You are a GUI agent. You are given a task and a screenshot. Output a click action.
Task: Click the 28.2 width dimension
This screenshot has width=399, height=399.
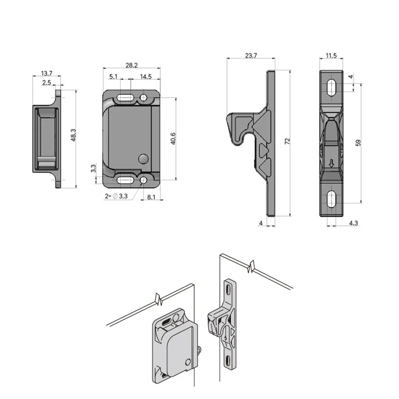131,65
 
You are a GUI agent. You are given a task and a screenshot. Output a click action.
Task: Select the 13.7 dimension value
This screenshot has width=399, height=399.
47,73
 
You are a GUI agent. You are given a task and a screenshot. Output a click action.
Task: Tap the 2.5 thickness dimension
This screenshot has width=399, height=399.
47,82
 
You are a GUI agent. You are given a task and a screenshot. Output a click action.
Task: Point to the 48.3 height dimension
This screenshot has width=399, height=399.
73,135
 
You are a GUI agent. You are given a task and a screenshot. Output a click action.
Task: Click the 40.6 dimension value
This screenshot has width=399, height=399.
173,139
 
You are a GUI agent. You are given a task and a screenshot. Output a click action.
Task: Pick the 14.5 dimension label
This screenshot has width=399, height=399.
146,77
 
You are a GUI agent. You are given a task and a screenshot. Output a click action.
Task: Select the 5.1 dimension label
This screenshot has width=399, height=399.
113,76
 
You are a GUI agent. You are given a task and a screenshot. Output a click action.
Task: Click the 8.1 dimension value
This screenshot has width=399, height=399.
151,197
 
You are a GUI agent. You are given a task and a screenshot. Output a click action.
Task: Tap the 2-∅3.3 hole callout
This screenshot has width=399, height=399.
116,196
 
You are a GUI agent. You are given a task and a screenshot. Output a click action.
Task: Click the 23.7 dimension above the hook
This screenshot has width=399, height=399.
251,56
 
